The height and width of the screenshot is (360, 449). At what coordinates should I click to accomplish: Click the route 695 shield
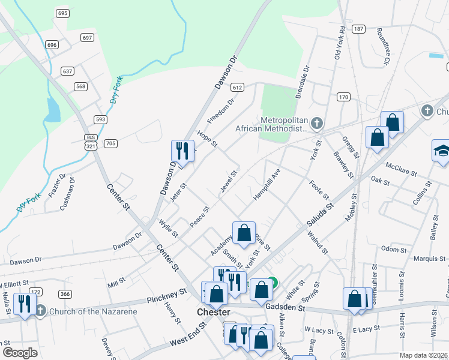pyautogui.click(x=63, y=13)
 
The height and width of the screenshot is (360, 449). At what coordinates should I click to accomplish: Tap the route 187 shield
pyautogui.click(x=358, y=29)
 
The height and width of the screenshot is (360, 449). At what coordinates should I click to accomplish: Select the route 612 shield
pyautogui.click(x=238, y=88)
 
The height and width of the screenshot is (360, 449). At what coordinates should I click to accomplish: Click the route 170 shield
pyautogui.click(x=343, y=97)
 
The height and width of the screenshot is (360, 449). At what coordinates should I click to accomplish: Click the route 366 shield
pyautogui.click(x=65, y=293)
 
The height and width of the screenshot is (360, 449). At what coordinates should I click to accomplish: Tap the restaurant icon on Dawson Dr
pyautogui.click(x=182, y=151)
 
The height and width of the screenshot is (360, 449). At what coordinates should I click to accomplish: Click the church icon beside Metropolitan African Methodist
pyautogui.click(x=317, y=124)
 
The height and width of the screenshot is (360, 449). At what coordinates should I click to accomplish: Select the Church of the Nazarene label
pyautogui.click(x=93, y=311)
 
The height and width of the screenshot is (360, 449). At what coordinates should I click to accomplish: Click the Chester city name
pyautogui.click(x=214, y=313)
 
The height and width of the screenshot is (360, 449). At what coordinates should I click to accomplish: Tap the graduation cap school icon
pyautogui.click(x=441, y=150)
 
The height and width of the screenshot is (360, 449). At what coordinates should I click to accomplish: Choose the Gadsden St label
pyautogui.click(x=286, y=308)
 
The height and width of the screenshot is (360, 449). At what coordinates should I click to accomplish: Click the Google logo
pyautogui.click(x=20, y=353)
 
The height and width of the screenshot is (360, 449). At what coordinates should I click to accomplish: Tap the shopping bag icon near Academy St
pyautogui.click(x=244, y=233)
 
